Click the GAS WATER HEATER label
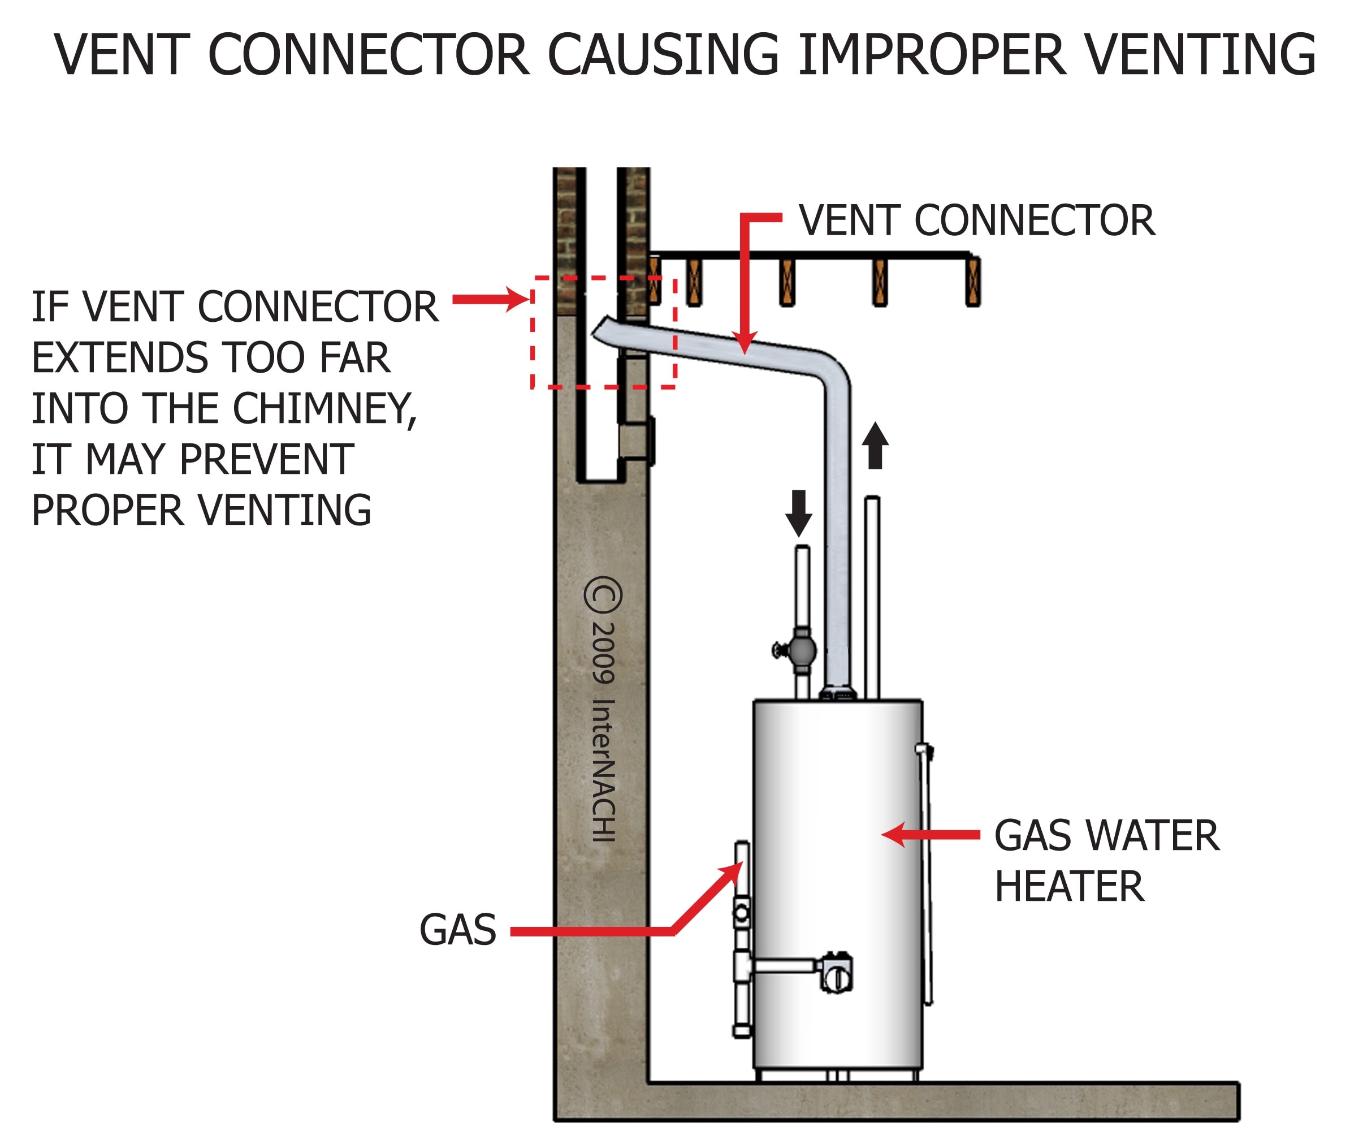[x=1105, y=860]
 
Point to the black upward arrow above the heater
[x=875, y=445]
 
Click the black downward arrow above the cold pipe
[x=798, y=513]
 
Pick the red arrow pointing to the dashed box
[x=491, y=299]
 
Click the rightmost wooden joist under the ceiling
[x=972, y=282]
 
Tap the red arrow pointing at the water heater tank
[x=931, y=835]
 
